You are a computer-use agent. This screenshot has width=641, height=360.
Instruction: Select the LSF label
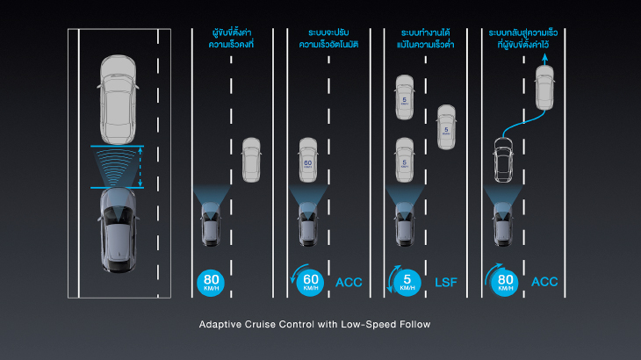(x=447, y=282)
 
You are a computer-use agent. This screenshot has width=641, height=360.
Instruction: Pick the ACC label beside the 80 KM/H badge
(x=544, y=282)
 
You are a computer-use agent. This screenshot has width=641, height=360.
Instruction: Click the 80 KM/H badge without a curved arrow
(x=212, y=282)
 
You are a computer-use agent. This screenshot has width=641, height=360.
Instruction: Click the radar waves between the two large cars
(x=118, y=166)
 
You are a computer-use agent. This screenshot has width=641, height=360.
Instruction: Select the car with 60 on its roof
(x=308, y=159)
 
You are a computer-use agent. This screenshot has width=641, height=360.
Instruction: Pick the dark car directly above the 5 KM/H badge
(x=405, y=224)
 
